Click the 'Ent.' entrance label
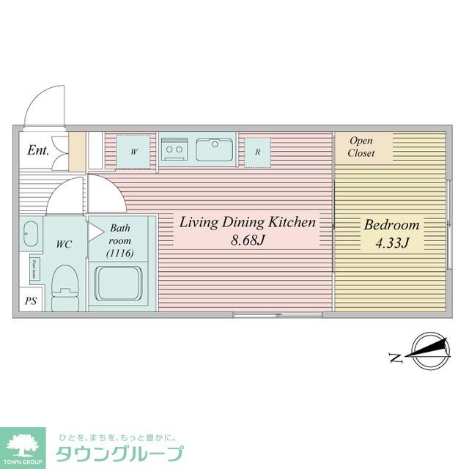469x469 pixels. pyautogui.click(x=38, y=151)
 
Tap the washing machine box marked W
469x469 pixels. pyautogui.click(x=134, y=152)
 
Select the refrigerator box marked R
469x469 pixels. pyautogui.click(x=257, y=152)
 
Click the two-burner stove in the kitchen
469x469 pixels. pyautogui.click(x=174, y=150)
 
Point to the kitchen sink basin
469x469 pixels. pyautogui.click(x=214, y=150)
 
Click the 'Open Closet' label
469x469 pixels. pyautogui.click(x=362, y=147)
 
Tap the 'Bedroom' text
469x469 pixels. pyautogui.click(x=391, y=225)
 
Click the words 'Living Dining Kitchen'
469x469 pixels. pyautogui.click(x=248, y=222)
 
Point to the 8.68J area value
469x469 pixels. pyautogui.click(x=248, y=240)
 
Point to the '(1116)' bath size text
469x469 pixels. pyautogui.click(x=119, y=254)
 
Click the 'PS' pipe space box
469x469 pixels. pyautogui.click(x=31, y=301)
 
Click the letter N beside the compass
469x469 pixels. pyautogui.click(x=395, y=358)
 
